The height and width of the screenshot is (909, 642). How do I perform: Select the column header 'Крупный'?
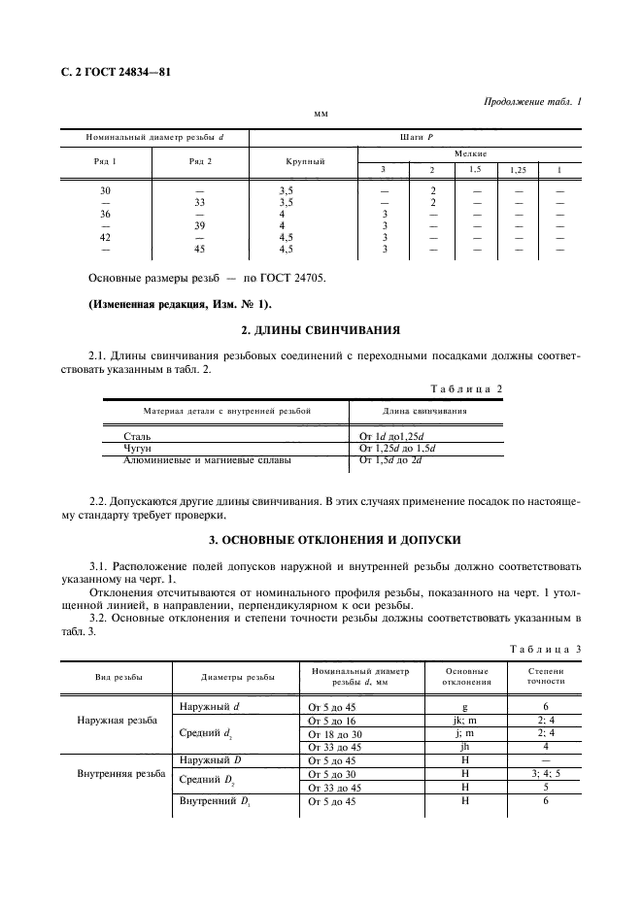click(x=304, y=160)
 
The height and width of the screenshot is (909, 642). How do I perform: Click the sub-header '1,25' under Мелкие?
click(x=518, y=170)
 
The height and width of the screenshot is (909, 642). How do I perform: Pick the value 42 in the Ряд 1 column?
click(x=106, y=236)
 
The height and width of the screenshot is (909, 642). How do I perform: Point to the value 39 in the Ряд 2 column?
click(x=200, y=225)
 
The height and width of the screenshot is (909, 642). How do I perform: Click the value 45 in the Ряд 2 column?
click(x=200, y=248)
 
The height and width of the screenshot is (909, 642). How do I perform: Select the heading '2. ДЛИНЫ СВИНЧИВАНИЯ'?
click(x=321, y=331)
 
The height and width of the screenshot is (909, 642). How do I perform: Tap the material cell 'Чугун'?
click(x=128, y=449)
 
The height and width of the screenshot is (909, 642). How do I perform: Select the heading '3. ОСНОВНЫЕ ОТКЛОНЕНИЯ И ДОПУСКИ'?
click(x=321, y=539)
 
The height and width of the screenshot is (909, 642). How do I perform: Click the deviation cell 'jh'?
click(x=465, y=747)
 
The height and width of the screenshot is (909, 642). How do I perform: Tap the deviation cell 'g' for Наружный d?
click(x=465, y=707)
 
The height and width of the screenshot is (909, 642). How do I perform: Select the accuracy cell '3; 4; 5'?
click(x=546, y=774)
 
